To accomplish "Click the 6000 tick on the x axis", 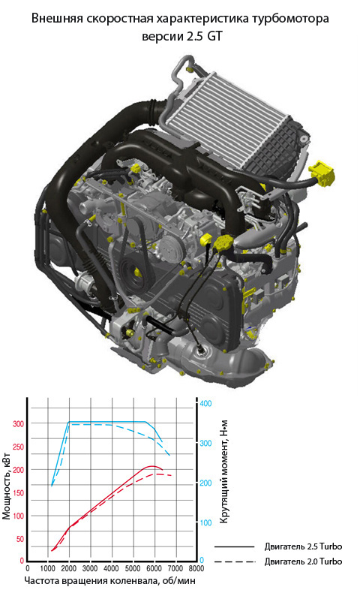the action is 154,569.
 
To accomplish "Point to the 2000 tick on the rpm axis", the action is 69,569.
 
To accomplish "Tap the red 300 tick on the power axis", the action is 18,424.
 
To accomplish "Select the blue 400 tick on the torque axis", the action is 205,403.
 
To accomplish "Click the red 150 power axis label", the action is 18,493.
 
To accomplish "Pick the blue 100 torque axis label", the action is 205,523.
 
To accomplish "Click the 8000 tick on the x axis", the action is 196,569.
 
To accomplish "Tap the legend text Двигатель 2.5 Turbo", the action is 303,546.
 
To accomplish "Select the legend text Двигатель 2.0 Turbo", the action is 303,561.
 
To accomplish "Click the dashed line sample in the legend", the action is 234,561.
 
